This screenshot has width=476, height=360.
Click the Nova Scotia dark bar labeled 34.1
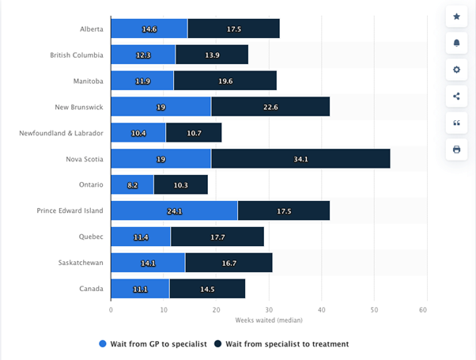click(x=300, y=159)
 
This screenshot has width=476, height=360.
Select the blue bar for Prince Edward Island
click(x=174, y=210)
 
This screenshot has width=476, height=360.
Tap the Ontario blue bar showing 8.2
click(x=132, y=184)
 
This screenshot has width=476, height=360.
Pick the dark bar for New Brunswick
click(x=270, y=107)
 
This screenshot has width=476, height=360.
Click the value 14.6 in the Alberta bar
click(x=149, y=29)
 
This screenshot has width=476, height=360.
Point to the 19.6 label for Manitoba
click(x=225, y=81)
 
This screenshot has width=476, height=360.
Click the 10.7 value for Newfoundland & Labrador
click(x=194, y=133)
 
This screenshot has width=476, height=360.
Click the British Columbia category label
click(x=76, y=55)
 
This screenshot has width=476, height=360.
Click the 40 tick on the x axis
click(x=321, y=309)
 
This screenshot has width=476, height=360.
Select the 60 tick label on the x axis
click(x=426, y=309)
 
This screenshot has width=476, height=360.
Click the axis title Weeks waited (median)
click(x=268, y=320)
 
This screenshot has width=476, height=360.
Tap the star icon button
click(x=456, y=16)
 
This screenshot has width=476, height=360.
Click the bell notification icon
click(x=456, y=43)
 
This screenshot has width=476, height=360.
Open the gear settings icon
click(x=456, y=70)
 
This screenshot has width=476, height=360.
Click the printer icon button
click(x=456, y=150)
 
